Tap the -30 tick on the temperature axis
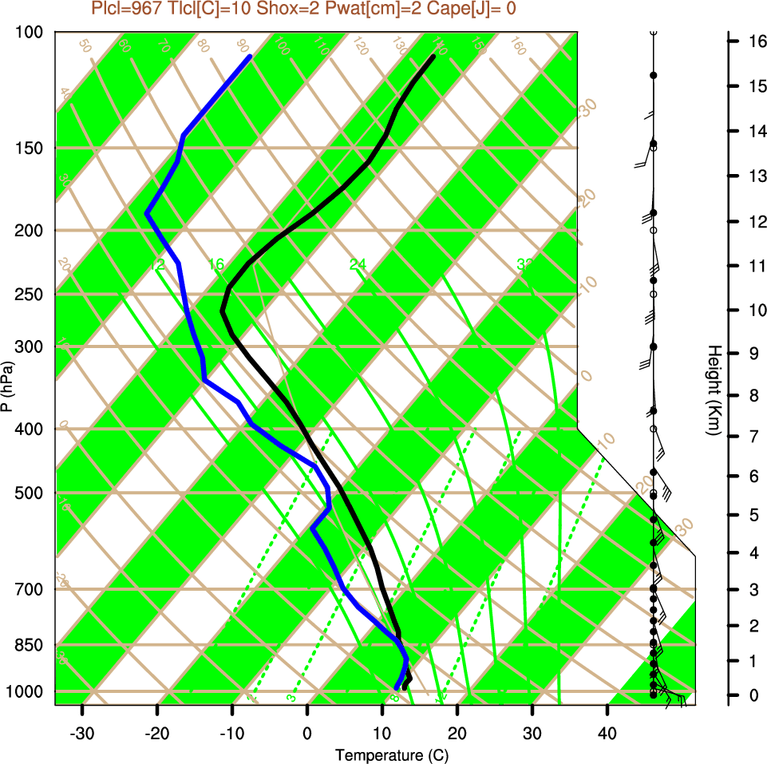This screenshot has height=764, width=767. [x=82, y=734]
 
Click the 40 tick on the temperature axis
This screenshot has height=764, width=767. [x=607, y=734]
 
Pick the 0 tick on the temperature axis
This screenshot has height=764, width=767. [x=307, y=734]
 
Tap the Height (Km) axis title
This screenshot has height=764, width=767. [x=715, y=390]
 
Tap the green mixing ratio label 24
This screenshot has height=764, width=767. [x=358, y=264]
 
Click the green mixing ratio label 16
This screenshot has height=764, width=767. [x=216, y=264]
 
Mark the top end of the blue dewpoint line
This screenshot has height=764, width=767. [x=250, y=57]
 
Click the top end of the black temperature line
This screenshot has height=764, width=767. [x=433, y=57]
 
